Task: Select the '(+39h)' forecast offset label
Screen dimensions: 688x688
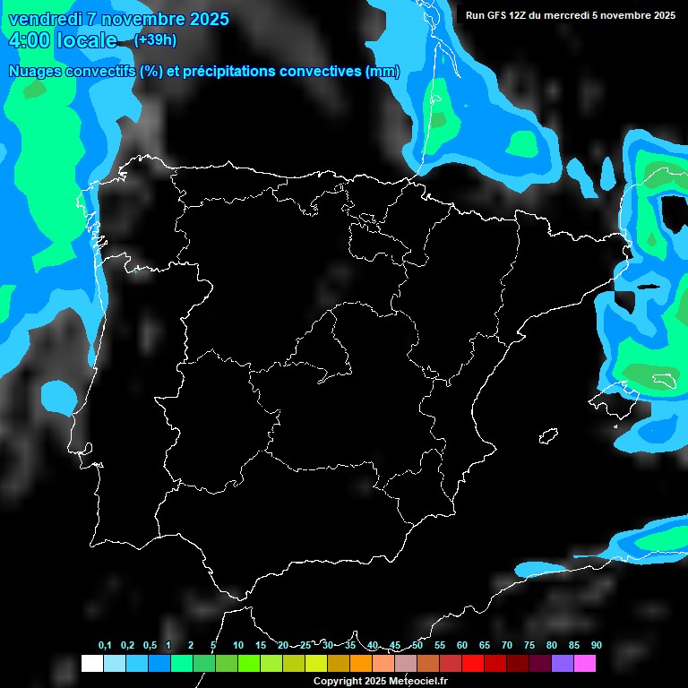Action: pos(155,39)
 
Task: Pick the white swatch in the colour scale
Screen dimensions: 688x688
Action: pos(91,663)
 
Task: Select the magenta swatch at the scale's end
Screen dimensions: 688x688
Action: pos(584,663)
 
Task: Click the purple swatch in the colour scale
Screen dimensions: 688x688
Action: pos(562,663)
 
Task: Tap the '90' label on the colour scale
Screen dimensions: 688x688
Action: pos(596,645)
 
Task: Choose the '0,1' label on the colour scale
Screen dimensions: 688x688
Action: pos(105,645)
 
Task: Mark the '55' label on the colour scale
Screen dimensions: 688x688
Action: pos(439,645)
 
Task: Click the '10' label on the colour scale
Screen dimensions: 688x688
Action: pos(237,645)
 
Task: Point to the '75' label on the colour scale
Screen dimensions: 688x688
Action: pos(529,645)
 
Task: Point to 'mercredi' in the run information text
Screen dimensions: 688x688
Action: pos(582,14)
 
